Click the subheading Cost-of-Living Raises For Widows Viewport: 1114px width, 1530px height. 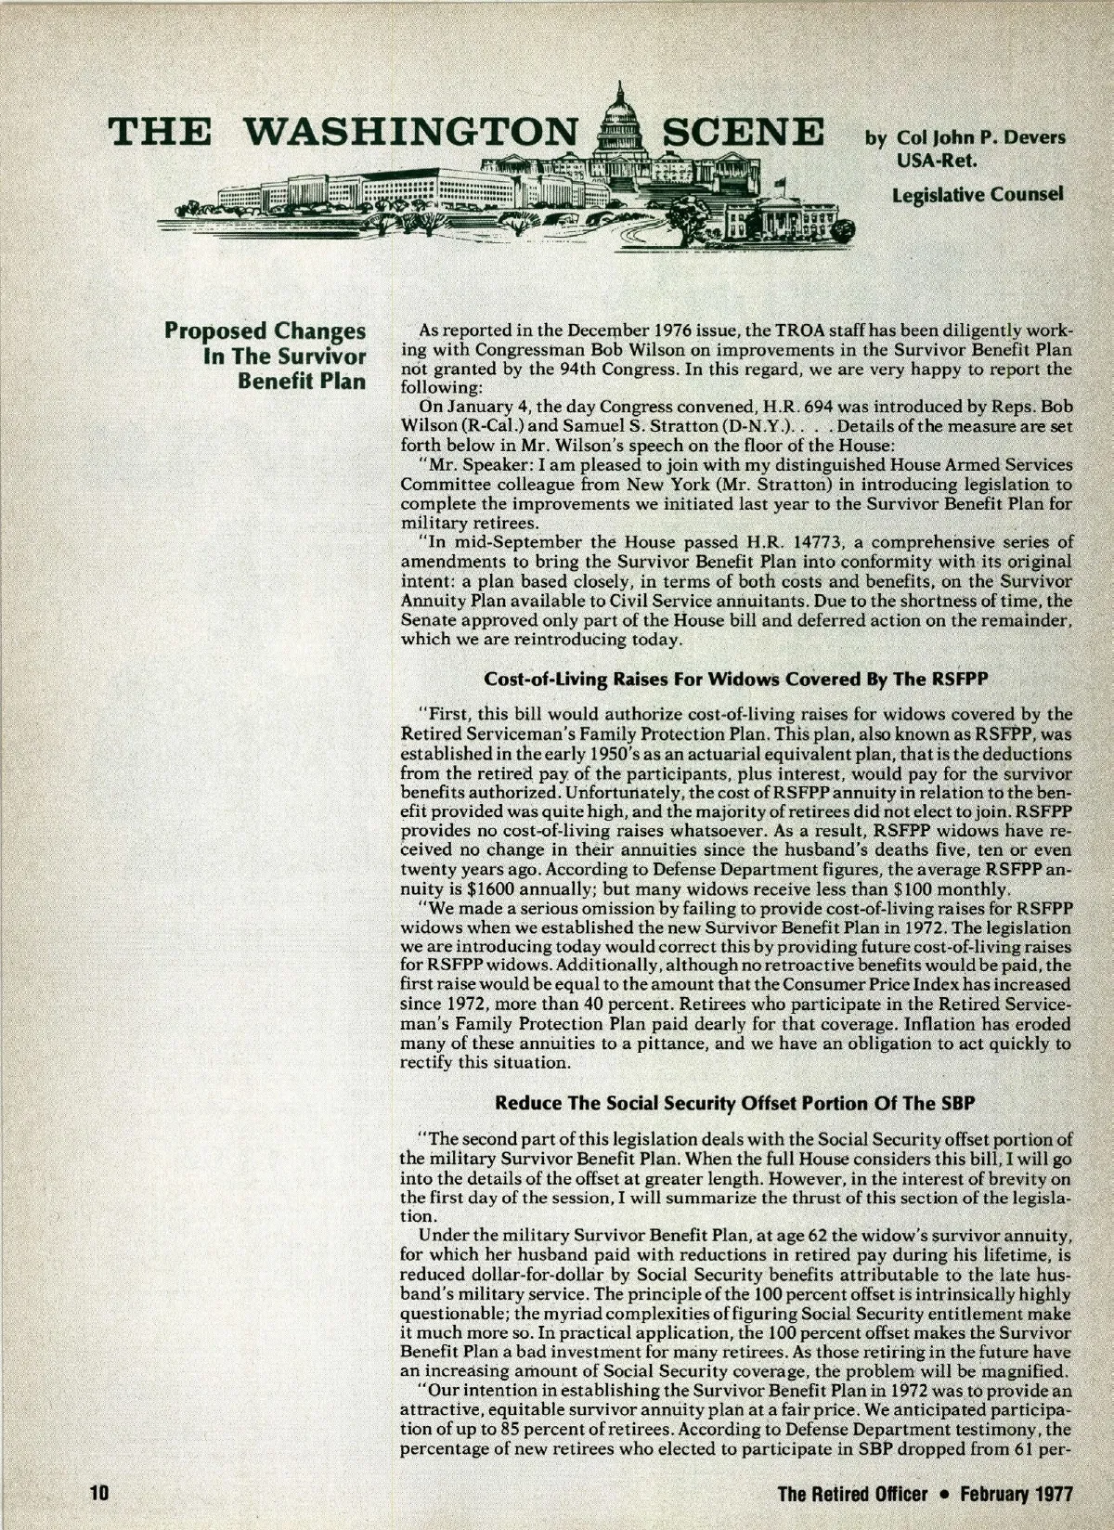coord(733,679)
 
